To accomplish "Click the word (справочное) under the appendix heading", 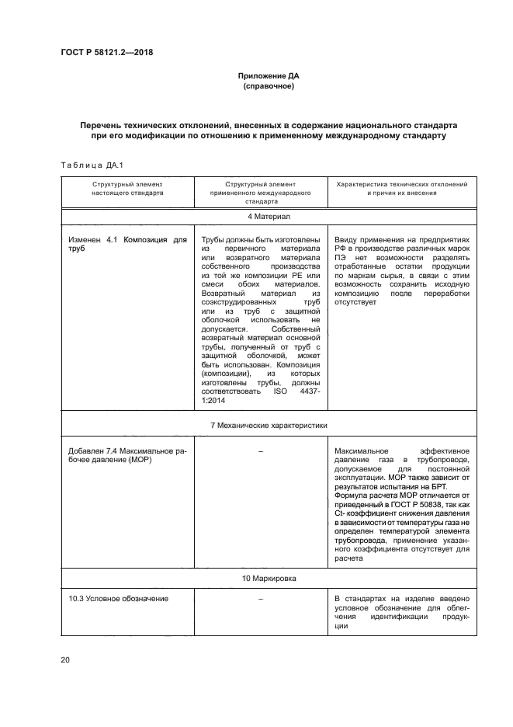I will [x=268, y=88].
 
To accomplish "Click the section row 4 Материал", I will [x=269, y=214].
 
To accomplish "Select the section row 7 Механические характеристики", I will [x=269, y=426].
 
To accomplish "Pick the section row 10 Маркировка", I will [x=269, y=579].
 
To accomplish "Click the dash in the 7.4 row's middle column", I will [x=261, y=451].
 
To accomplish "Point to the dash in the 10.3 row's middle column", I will [x=261, y=598].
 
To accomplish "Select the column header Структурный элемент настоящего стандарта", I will [x=127, y=190].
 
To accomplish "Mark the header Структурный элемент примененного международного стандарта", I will [x=261, y=194].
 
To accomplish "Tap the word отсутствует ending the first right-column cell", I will [x=355, y=303].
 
